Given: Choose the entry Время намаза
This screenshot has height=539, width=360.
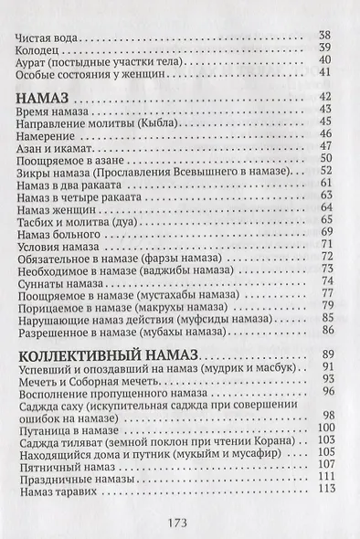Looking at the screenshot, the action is (x=51, y=110).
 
